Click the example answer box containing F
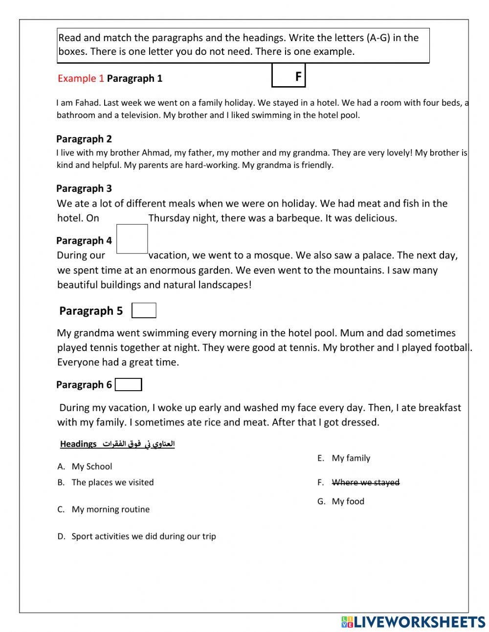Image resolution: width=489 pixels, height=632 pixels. click(289, 76)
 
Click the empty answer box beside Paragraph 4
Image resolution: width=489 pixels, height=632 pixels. click(132, 239)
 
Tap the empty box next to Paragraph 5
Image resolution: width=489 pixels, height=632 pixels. click(144, 310)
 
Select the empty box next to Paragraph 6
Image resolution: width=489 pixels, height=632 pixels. click(129, 385)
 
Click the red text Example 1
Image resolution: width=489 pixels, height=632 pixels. click(81, 78)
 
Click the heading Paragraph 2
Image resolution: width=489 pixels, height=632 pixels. click(84, 139)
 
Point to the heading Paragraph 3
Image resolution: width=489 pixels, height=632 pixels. click(84, 188)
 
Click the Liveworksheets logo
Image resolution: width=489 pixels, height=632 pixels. click(413, 622)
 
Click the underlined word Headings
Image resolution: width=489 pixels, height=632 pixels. click(78, 444)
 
